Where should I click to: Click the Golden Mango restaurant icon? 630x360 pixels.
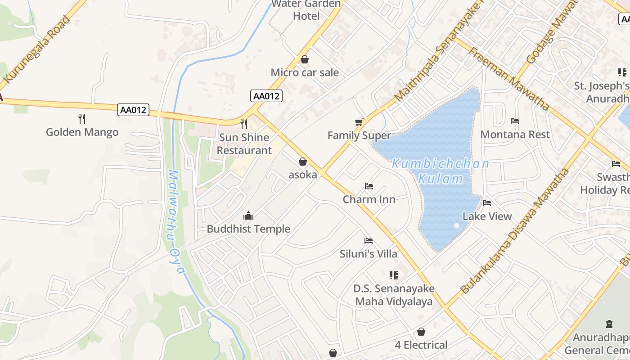pyautogui.click(x=82, y=119)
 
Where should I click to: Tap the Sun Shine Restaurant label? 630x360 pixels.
pyautogui.click(x=244, y=144)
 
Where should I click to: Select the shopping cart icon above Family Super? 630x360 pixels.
pyautogui.click(x=359, y=122)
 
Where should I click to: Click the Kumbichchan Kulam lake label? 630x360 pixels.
pyautogui.click(x=440, y=171)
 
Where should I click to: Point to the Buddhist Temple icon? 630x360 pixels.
pyautogui.click(x=248, y=216)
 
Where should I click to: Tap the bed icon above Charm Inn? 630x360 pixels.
pyautogui.click(x=369, y=186)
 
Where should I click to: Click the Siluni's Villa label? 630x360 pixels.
pyautogui.click(x=369, y=254)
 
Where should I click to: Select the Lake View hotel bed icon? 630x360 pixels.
pyautogui.click(x=487, y=203)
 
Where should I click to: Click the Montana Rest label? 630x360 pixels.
pyautogui.click(x=515, y=134)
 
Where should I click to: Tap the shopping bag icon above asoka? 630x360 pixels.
pyautogui.click(x=303, y=162)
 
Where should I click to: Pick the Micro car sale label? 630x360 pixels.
pyautogui.click(x=305, y=72)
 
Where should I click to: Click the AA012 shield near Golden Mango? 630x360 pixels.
pyautogui.click(x=133, y=110)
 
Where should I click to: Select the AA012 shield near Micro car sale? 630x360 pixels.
pyautogui.click(x=266, y=95)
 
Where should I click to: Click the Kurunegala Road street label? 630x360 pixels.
pyautogui.click(x=39, y=50)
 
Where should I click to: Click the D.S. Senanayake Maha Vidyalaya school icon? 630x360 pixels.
pyautogui.click(x=394, y=275)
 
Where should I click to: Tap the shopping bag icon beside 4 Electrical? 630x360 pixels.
pyautogui.click(x=421, y=332)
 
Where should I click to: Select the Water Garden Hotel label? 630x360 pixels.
pyautogui.click(x=306, y=10)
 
